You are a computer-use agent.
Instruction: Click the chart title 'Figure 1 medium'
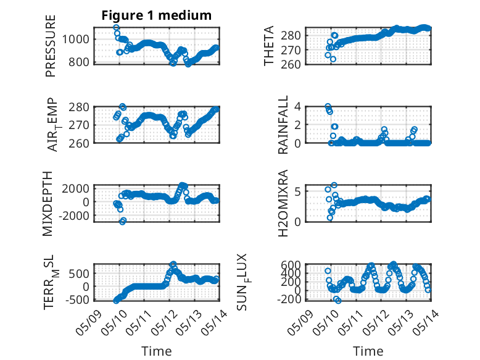pos(157,15)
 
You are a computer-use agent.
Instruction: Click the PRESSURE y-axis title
pos(51,46)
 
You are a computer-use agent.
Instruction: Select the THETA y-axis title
pos(268,46)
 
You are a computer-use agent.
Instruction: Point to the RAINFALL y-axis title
pos(283,124)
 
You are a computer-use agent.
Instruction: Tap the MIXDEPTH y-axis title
pos(48,203)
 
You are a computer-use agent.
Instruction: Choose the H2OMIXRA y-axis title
pos(283,203)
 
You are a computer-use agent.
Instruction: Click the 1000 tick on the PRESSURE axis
pos(76,40)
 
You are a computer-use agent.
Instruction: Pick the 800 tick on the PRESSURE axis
pos(79,62)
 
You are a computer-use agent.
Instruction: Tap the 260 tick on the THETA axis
pos(291,64)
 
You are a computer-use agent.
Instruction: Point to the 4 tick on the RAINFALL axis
pos(297,107)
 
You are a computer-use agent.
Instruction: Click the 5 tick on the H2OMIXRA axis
pos(297,192)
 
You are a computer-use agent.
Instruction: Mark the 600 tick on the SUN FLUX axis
pos(291,264)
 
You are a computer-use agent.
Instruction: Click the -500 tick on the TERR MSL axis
pos(78,299)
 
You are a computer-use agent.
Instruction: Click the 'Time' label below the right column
pos(368,351)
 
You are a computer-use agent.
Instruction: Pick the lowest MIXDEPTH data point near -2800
pos(122,221)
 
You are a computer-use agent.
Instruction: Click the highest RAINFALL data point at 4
pos(328,106)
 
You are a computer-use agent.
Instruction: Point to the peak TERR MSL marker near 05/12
pos(173,264)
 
